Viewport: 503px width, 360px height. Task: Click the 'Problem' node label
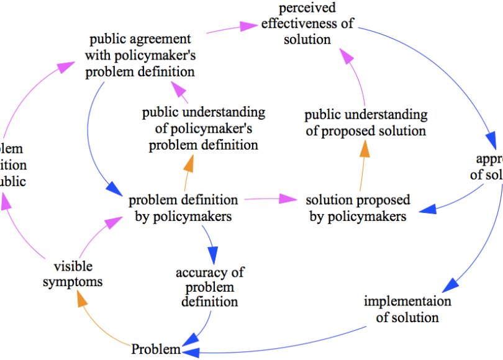156,349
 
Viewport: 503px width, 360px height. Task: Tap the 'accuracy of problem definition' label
209,287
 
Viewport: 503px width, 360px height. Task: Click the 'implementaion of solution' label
407,309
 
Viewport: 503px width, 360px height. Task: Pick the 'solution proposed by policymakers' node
358,209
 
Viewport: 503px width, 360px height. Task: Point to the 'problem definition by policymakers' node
183,209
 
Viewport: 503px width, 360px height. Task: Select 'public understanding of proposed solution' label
366,122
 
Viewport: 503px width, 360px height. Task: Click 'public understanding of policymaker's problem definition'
203,128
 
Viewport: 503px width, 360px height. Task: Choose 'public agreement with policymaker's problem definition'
140,56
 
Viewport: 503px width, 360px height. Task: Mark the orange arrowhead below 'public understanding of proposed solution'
365,149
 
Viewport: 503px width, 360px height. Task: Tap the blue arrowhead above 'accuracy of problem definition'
212,254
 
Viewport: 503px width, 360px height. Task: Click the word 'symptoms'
78,281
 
